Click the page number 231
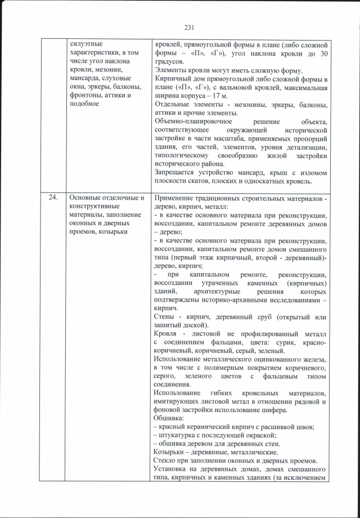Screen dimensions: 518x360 pos(189,26)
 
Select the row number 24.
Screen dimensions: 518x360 pos(53,198)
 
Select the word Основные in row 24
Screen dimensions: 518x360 pos(84,198)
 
